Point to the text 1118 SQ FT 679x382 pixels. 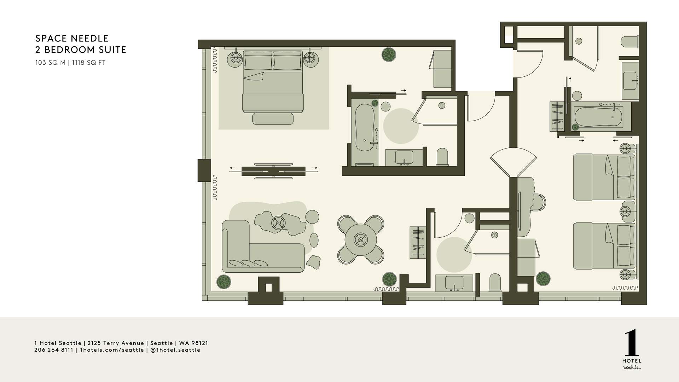pyautogui.click(x=89, y=63)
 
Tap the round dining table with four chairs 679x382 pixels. pyautogui.click(x=361, y=240)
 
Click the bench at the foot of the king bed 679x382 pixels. pyautogui.click(x=273, y=118)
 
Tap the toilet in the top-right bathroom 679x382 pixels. pyautogui.click(x=629, y=42)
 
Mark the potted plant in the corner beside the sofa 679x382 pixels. pyautogui.click(x=224, y=282)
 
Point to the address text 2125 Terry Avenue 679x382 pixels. pyautogui.click(x=116, y=343)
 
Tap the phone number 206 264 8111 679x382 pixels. pyautogui.click(x=54, y=350)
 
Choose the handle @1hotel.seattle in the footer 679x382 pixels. pyautogui.click(x=175, y=350)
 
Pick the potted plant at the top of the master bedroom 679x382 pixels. pyautogui.click(x=389, y=54)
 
